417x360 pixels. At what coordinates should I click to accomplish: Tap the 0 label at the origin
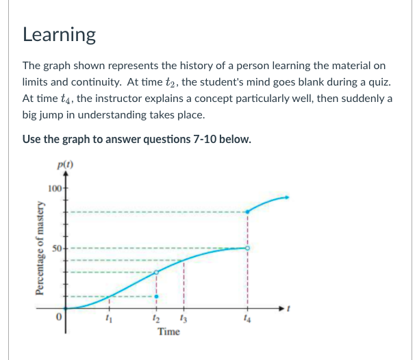(x=60, y=318)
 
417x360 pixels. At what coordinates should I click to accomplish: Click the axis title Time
(x=168, y=332)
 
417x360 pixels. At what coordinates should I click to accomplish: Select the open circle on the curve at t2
(x=156, y=272)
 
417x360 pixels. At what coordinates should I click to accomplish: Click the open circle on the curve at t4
(x=247, y=248)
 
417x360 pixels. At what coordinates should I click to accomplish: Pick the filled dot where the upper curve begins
(x=247, y=211)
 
